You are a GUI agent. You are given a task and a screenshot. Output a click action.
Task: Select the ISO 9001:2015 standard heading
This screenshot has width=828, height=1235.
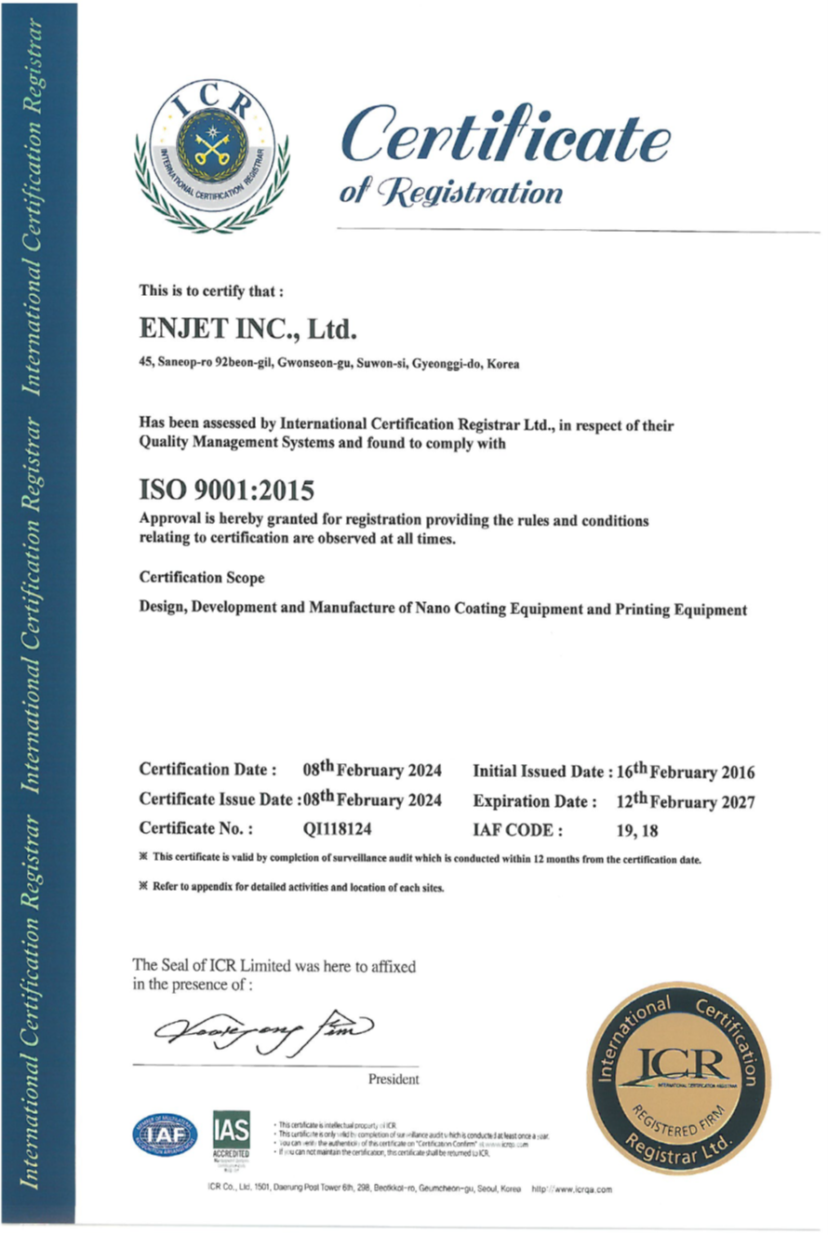coord(227,487)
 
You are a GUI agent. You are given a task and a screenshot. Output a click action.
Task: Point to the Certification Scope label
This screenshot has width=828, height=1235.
coord(202,578)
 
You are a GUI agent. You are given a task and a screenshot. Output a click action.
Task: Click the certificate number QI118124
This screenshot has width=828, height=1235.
coord(340,827)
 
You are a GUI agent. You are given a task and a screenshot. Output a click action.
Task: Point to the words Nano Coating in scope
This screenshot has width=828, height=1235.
coord(452,611)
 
